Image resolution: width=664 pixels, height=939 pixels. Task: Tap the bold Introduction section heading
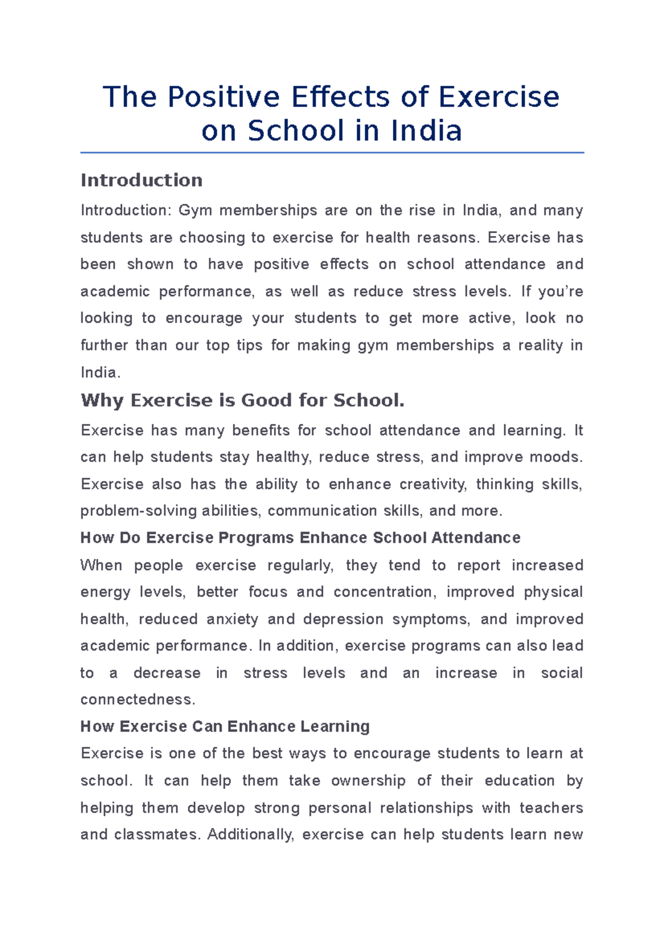point(142,180)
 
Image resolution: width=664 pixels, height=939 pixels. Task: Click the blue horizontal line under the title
point(332,153)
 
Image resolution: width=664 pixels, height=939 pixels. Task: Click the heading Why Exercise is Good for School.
point(242,400)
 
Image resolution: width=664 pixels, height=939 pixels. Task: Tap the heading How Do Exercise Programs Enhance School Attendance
point(300,538)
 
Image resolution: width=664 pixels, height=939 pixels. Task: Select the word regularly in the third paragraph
point(300,565)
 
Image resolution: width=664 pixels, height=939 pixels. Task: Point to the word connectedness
point(137,700)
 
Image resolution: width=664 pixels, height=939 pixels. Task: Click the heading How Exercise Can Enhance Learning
point(225,727)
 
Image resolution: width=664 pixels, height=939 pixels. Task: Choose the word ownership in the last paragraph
point(368,781)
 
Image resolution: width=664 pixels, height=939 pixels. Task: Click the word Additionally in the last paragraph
point(250,834)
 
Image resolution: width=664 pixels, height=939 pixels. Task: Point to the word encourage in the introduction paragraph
point(204,319)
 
